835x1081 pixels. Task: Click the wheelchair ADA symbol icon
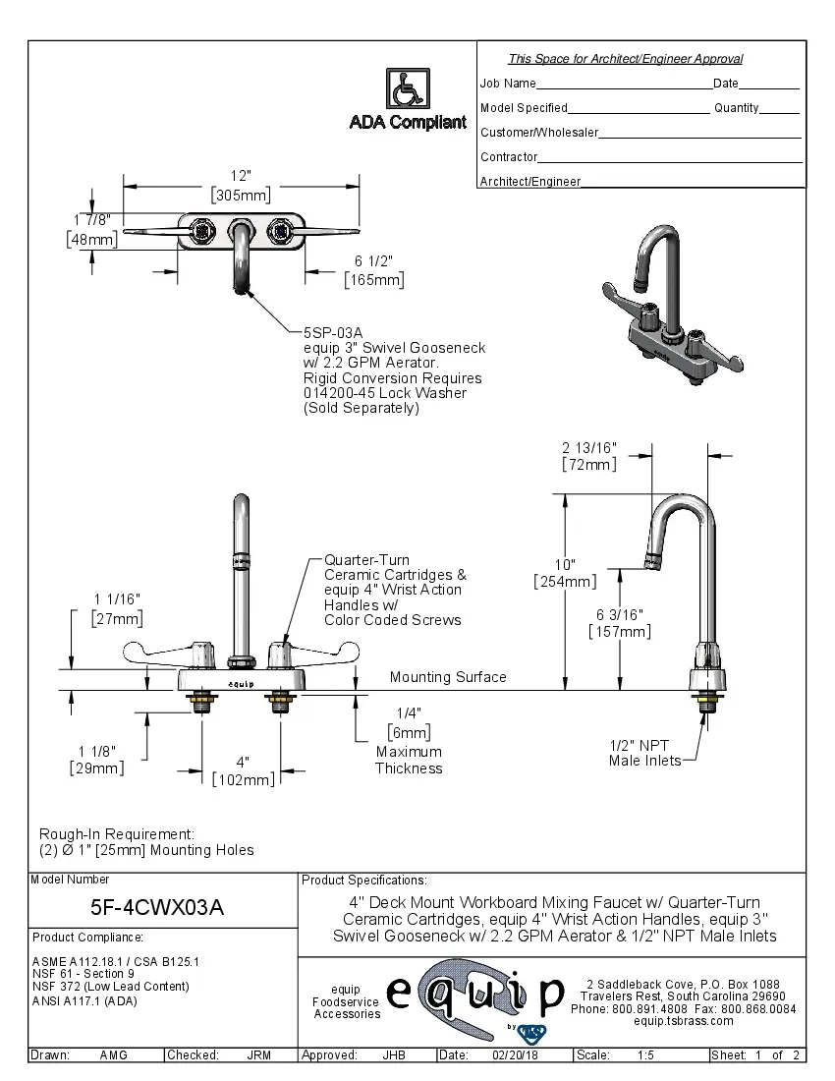(406, 89)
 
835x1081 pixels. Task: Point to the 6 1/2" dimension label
(373, 262)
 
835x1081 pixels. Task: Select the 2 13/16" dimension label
(589, 448)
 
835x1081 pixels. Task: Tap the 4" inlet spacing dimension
(243, 763)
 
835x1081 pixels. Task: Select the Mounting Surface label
(448, 677)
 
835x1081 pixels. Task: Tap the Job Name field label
(508, 84)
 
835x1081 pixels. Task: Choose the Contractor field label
(509, 157)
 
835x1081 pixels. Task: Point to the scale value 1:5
(646, 1055)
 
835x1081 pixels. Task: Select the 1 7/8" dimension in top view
(91, 219)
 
